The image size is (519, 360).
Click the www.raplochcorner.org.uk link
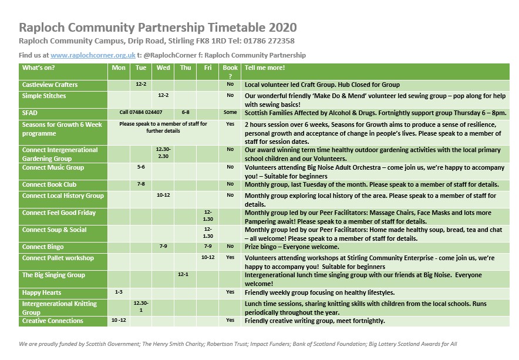click(93, 55)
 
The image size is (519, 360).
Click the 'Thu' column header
click(186, 68)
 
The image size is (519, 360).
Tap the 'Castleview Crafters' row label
click(49, 85)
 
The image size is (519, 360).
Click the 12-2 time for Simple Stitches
click(163, 96)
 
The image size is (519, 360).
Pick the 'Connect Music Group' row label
click(53, 168)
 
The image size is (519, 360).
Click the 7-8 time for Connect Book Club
click(141, 184)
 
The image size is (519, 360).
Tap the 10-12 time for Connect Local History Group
click(163, 196)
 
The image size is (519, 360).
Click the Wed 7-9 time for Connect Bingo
click(163, 247)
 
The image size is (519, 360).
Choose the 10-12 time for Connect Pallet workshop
click(208, 258)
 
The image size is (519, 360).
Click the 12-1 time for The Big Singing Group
click(186, 275)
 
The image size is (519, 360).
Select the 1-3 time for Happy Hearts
click(119, 292)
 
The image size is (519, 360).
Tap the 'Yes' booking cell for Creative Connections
click(230, 321)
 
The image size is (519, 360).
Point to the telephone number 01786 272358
click(269, 41)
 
